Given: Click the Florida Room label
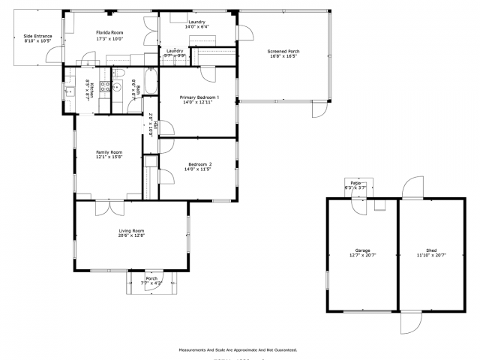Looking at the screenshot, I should (111, 33).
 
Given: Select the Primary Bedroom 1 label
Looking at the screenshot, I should (199, 97).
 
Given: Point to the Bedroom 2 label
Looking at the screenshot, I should (199, 164).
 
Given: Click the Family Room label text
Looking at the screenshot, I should (109, 152).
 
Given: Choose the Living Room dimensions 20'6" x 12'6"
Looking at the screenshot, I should (131, 235).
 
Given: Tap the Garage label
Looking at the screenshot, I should (362, 250).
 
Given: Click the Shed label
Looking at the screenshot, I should (431, 250).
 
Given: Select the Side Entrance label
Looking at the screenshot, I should (37, 35).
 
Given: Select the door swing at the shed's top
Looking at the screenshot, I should (412, 189).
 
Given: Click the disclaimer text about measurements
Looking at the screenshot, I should (238, 349).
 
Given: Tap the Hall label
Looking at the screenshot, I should (153, 124).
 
